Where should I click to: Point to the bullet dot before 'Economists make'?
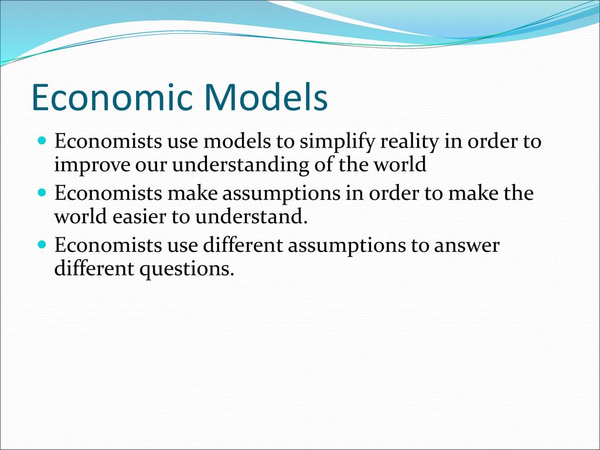tap(42, 191)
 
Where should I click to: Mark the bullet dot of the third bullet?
tap(42, 243)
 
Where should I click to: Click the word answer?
tap(466, 246)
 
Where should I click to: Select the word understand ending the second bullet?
tap(251, 217)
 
